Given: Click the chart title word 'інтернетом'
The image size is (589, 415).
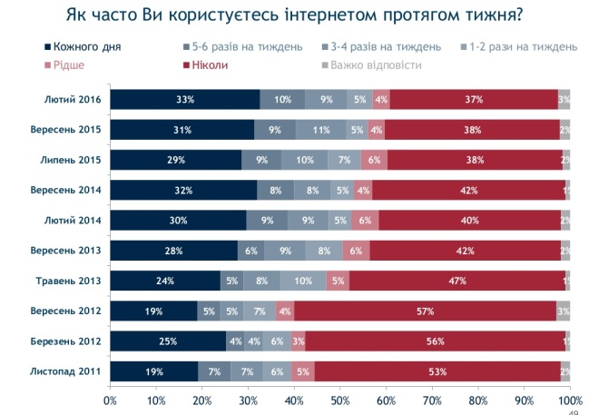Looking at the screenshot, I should (312, 15).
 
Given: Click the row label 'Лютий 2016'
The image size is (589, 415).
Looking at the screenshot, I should (72, 100).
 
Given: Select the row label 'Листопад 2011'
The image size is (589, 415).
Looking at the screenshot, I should (68, 371).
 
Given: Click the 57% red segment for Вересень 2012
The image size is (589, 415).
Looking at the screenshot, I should (425, 311).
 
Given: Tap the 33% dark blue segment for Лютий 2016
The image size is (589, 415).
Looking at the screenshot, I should (185, 100).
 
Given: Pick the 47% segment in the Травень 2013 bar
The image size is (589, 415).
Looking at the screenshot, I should (457, 281).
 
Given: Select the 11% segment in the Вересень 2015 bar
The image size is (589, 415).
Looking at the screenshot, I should (321, 130).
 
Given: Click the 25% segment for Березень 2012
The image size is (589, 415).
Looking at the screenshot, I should (169, 341).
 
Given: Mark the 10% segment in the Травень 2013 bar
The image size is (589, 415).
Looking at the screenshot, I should (303, 281).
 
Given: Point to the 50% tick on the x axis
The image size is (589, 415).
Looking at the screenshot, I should (340, 399).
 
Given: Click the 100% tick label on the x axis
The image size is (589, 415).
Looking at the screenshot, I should (570, 399).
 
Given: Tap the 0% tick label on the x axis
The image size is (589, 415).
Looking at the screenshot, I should (111, 399).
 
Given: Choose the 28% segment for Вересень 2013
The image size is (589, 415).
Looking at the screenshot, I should (174, 251).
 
